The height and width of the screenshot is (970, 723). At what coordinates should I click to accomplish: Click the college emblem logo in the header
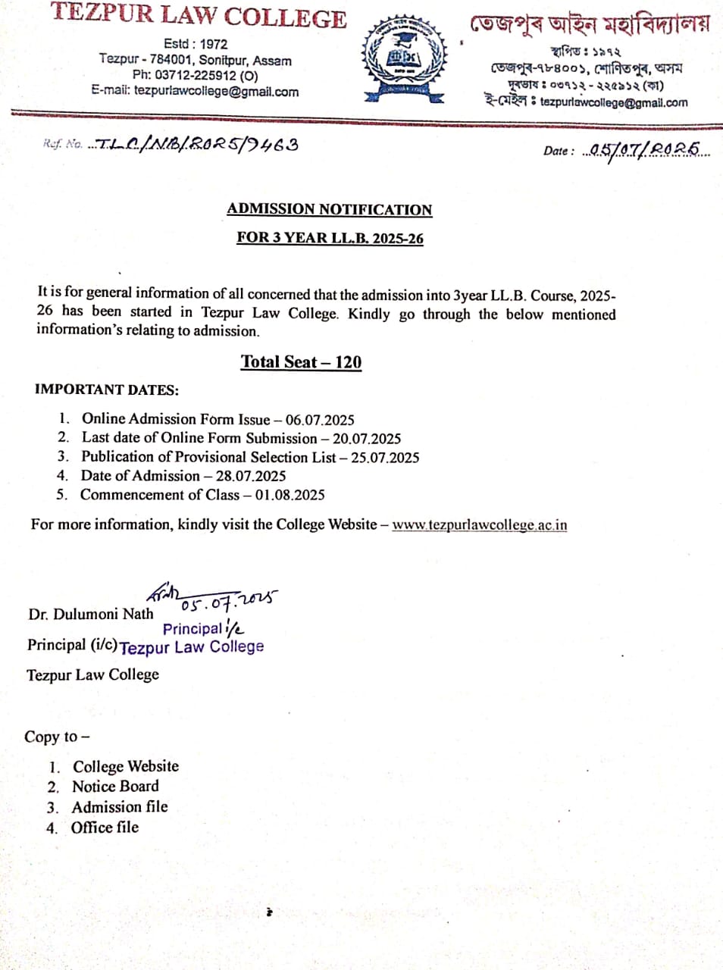click(402, 57)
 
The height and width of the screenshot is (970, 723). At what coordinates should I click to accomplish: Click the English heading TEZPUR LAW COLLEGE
click(199, 17)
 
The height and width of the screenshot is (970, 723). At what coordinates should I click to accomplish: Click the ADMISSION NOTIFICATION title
click(330, 209)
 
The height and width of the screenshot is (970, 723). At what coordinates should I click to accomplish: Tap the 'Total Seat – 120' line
click(301, 361)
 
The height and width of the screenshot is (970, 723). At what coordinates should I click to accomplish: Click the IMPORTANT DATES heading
click(107, 390)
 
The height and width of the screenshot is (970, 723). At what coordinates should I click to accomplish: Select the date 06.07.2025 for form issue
click(320, 420)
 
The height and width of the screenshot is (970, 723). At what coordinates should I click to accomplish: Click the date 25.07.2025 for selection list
click(385, 457)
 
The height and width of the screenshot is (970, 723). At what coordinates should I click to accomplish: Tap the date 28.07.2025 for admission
click(251, 476)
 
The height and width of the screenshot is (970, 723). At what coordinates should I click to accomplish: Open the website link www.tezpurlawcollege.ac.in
click(479, 524)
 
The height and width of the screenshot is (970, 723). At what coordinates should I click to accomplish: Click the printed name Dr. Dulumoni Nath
click(91, 614)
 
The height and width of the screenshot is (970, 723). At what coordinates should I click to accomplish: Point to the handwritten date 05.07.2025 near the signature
click(228, 601)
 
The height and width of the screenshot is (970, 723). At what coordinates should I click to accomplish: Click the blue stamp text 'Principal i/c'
click(203, 628)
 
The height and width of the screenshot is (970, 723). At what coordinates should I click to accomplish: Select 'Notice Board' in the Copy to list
click(115, 787)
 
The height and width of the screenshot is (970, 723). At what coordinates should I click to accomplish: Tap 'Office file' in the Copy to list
click(105, 828)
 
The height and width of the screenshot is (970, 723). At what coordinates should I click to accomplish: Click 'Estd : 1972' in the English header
click(195, 44)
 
